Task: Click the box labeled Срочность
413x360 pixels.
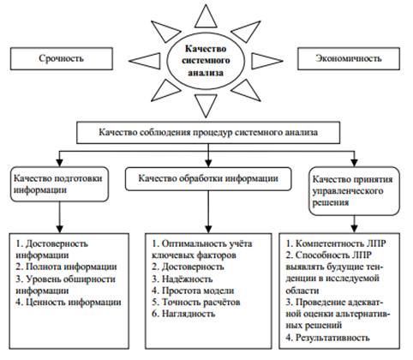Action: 62,59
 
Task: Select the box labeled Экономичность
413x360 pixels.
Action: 349,59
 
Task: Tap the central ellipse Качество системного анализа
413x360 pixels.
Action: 206,61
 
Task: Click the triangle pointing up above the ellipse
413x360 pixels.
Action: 206,17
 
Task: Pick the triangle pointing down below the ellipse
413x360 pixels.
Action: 206,105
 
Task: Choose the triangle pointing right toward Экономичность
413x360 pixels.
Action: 266,61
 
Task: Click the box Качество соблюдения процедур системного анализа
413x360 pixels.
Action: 208,133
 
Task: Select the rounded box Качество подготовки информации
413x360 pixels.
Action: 59,184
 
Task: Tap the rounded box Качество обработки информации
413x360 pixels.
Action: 208,179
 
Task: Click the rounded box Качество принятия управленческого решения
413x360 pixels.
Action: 354,191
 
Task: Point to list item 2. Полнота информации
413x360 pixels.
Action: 66,267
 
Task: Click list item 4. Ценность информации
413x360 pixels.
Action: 69,303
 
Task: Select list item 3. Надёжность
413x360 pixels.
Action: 183,279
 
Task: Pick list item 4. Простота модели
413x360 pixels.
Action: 193,291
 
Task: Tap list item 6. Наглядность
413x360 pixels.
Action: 183,314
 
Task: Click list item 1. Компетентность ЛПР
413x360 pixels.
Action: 336,243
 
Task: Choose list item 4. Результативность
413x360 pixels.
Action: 328,338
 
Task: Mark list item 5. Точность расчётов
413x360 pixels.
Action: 196,303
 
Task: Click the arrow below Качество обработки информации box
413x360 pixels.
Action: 208,212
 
